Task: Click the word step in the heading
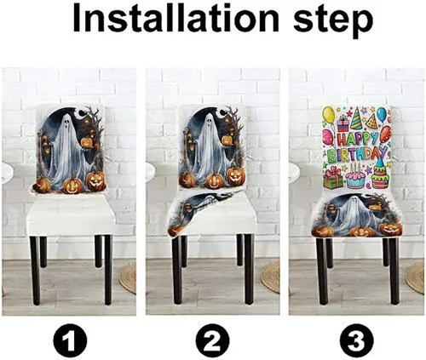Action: (x=333, y=20)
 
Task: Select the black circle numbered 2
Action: (x=212, y=340)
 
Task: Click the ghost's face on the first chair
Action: (x=66, y=123)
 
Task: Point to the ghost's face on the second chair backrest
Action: (x=210, y=121)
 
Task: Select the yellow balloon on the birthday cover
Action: (x=328, y=114)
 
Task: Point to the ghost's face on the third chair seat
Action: (x=356, y=200)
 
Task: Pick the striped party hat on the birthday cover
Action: (x=356, y=119)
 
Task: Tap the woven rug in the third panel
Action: (x=415, y=277)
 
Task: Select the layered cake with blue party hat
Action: (x=380, y=174)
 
